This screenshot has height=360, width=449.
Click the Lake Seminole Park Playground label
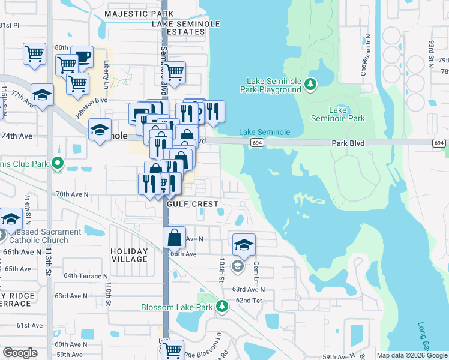(274, 85)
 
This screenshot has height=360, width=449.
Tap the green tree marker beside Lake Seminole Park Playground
(310, 85)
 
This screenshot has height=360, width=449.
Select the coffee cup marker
(82, 57)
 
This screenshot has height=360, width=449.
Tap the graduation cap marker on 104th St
(244, 245)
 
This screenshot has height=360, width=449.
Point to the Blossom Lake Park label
(177, 307)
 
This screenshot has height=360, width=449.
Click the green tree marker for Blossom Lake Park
(222, 307)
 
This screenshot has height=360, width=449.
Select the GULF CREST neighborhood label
(192, 204)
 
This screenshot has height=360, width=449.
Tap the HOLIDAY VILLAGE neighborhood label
(129, 255)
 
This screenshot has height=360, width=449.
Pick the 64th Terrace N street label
(86, 276)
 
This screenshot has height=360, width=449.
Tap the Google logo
(20, 353)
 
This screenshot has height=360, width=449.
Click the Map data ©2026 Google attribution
(412, 355)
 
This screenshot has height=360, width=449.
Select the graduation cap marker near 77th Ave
(42, 95)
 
